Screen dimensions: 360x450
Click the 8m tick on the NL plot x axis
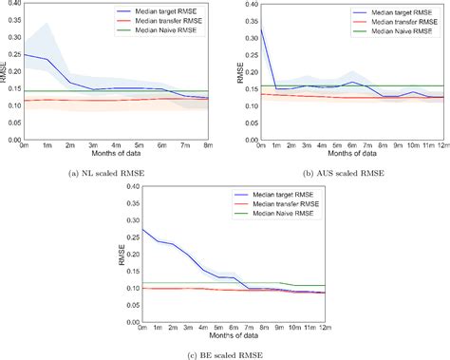click(209, 144)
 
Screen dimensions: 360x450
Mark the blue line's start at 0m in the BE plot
click(142, 230)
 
